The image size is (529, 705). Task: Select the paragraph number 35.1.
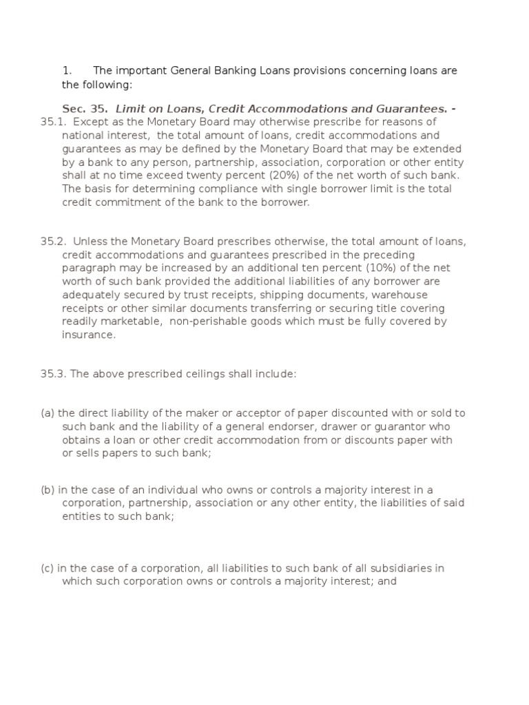click(52, 123)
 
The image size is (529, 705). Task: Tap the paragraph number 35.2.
click(52, 242)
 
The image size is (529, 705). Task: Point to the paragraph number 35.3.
click(52, 374)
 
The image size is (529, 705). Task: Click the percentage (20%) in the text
click(262, 175)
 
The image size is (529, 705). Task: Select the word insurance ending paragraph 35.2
click(89, 335)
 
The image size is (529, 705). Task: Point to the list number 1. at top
click(67, 71)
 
